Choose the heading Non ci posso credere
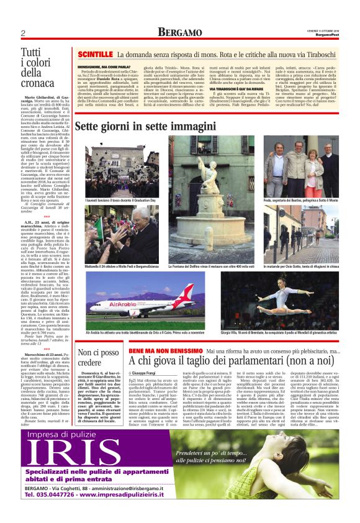[98, 358]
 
